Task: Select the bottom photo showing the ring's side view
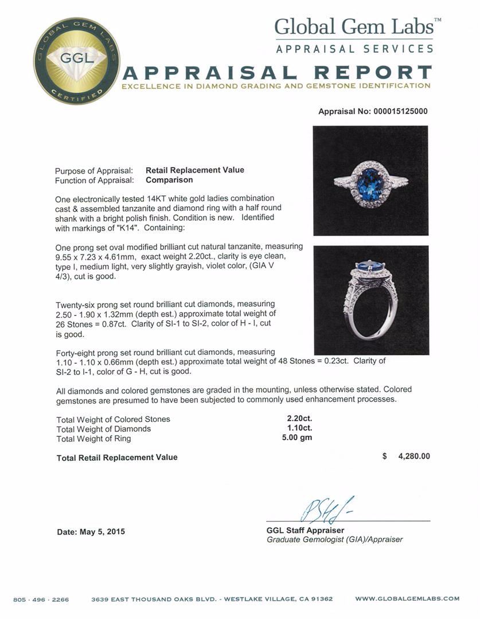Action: tap(371, 300)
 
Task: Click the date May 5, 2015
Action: tap(91, 532)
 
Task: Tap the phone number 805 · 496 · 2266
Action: tap(41, 600)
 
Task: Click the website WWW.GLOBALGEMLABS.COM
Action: tap(407, 599)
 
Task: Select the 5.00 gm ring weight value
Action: tap(299, 438)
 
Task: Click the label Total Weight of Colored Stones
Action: tap(113, 419)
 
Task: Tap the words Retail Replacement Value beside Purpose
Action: tap(195, 170)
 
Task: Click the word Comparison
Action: tap(169, 180)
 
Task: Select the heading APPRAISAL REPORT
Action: tap(278, 73)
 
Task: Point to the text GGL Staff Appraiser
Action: tap(306, 531)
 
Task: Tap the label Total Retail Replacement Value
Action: tap(117, 457)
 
